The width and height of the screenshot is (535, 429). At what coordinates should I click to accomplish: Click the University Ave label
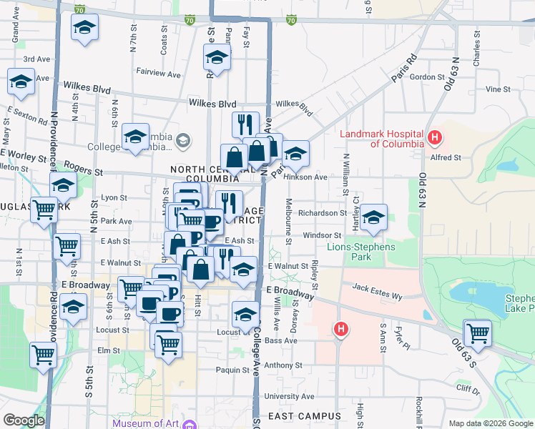coord(289,396)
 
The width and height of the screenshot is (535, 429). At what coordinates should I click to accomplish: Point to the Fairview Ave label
coord(158,73)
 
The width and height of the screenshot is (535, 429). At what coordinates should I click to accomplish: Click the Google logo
coord(24,420)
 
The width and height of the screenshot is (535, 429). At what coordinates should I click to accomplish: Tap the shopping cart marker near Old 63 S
coord(477,332)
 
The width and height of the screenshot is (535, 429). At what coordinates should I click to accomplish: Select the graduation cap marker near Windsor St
coord(373,217)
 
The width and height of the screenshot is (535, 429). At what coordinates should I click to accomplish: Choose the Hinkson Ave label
coord(305,177)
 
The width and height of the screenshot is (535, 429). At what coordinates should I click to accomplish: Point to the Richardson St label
coord(322,213)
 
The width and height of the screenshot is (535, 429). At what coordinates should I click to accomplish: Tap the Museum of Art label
coord(146,423)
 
